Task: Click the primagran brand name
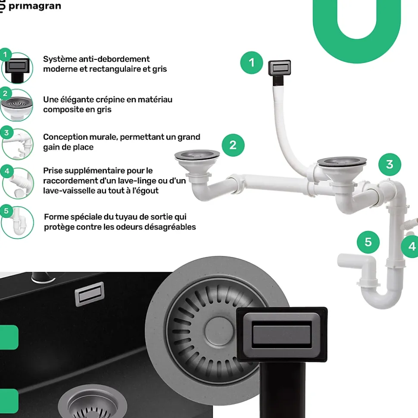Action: (35, 6)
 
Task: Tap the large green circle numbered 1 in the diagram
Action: (251, 63)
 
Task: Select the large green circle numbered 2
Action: (233, 145)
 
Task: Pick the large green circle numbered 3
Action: (390, 164)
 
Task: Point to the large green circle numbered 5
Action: (368, 242)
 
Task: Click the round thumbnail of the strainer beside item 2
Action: (17, 105)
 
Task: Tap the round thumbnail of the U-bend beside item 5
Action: (18, 222)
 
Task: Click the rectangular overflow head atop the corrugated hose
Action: (279, 68)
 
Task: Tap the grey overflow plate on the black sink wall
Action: (90, 294)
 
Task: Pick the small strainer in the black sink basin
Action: (92, 401)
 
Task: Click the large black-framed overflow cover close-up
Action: (282, 334)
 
